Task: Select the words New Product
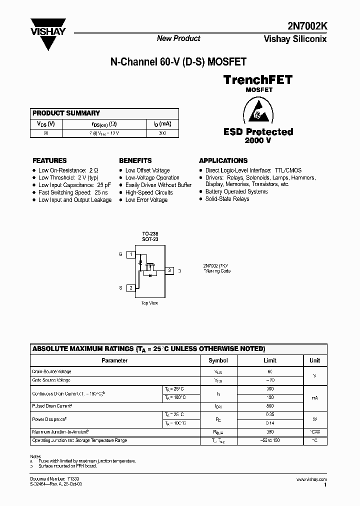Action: (178, 38)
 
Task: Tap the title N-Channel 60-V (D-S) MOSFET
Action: (178, 62)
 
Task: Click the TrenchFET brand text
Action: (258, 79)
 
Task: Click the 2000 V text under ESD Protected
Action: (258, 141)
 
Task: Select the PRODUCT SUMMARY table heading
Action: (66, 113)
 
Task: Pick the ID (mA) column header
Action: (162, 124)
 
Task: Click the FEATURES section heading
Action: (49, 160)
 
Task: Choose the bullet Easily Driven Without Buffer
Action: (158, 185)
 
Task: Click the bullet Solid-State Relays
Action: (227, 199)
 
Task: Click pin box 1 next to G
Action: (131, 254)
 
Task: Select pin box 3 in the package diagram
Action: (169, 270)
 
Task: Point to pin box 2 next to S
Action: (131, 287)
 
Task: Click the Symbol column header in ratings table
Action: (218, 360)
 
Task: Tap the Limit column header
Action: (269, 360)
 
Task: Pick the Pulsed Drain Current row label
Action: (52, 405)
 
